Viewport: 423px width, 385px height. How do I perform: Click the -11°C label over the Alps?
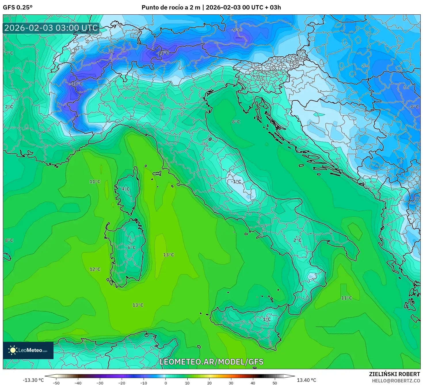click(162, 53)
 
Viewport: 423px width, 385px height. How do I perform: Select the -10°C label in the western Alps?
click(76, 84)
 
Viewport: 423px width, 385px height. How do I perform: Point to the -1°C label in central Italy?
click(236, 182)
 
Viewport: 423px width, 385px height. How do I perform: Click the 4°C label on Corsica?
click(125, 189)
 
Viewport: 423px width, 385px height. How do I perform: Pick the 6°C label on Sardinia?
click(132, 247)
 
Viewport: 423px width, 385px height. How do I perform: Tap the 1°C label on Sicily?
click(266, 319)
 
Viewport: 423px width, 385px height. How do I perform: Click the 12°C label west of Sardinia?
click(95, 269)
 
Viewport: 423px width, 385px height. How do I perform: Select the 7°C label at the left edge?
click(9, 53)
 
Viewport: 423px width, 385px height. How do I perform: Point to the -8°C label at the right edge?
click(414, 106)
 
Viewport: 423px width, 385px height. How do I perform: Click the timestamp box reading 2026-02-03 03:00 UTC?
click(51, 28)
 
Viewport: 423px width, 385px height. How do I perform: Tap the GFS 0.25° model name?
click(18, 7)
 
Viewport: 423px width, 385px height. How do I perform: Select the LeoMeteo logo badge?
click(28, 350)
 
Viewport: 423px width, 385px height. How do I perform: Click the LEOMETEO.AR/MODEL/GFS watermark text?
click(211, 362)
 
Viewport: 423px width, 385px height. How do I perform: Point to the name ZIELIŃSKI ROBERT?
click(395, 374)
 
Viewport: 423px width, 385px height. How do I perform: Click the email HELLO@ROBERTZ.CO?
click(396, 381)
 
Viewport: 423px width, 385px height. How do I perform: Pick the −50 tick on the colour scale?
click(56, 383)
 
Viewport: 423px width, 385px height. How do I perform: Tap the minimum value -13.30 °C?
click(33, 380)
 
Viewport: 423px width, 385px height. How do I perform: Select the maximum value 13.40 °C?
click(306, 380)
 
